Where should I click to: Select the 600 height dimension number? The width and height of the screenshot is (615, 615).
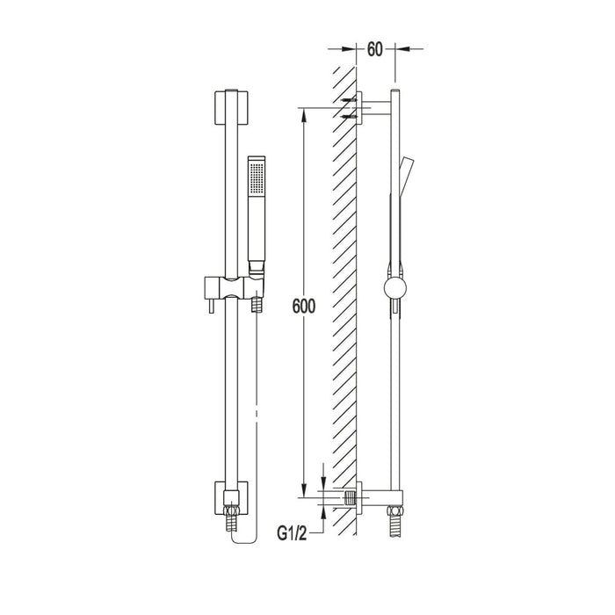301,307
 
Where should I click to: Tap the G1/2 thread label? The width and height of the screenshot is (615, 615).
294,532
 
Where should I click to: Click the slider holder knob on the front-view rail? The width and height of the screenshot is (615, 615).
211,287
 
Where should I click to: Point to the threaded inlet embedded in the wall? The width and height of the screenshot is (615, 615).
354,497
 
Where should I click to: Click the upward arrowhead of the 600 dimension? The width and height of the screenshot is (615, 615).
302,113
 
